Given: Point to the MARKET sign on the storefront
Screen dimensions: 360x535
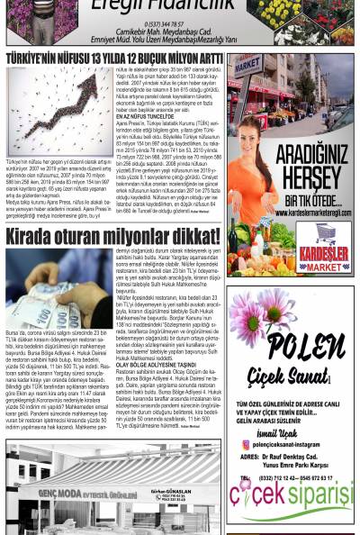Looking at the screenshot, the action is click(x=249, y=66).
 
